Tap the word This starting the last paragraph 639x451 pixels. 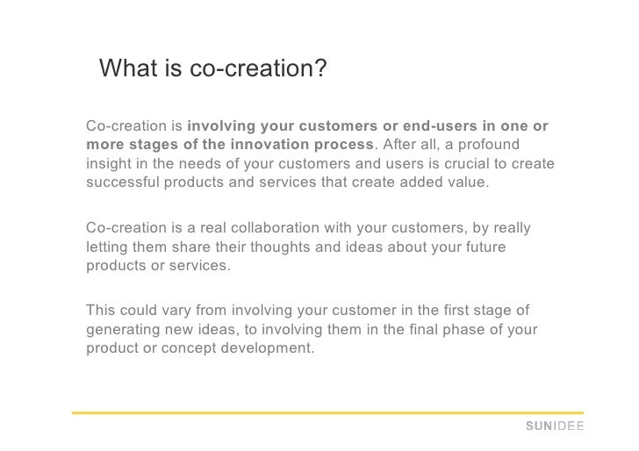click(x=103, y=311)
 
